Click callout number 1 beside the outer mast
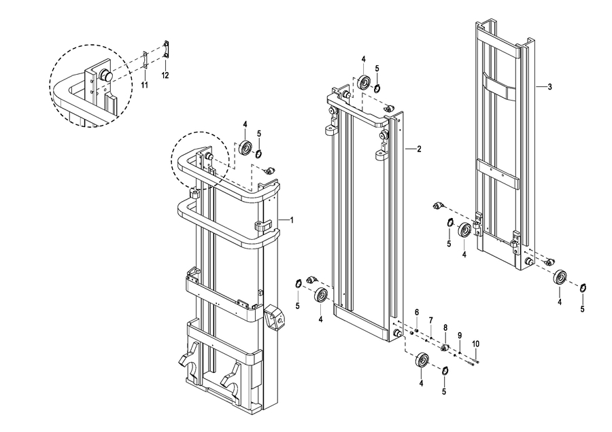[x=291, y=220]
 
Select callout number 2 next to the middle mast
[x=419, y=149]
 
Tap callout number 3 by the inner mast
[x=550, y=87]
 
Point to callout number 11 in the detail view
[x=144, y=85]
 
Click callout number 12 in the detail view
[x=165, y=75]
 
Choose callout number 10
[x=476, y=344]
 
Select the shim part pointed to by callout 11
[x=144, y=60]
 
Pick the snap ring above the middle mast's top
[x=377, y=88]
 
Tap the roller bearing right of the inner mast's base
[x=560, y=277]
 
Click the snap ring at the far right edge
[x=583, y=288]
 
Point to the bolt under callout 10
[x=473, y=363]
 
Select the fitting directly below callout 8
[x=445, y=347]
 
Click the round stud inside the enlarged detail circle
[x=105, y=75]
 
